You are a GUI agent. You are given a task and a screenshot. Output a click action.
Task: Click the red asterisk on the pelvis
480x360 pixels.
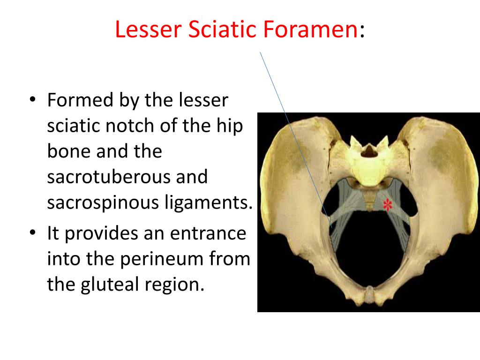tap(387, 205)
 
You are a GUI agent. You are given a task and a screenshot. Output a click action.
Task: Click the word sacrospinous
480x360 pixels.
tap(103, 203)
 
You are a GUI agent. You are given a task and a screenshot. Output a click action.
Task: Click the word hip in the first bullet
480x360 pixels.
tap(231, 127)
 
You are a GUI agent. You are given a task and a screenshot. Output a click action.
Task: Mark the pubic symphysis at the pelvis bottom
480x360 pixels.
tap(370, 295)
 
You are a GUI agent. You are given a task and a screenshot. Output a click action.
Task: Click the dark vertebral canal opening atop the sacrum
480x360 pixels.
tap(370, 151)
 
